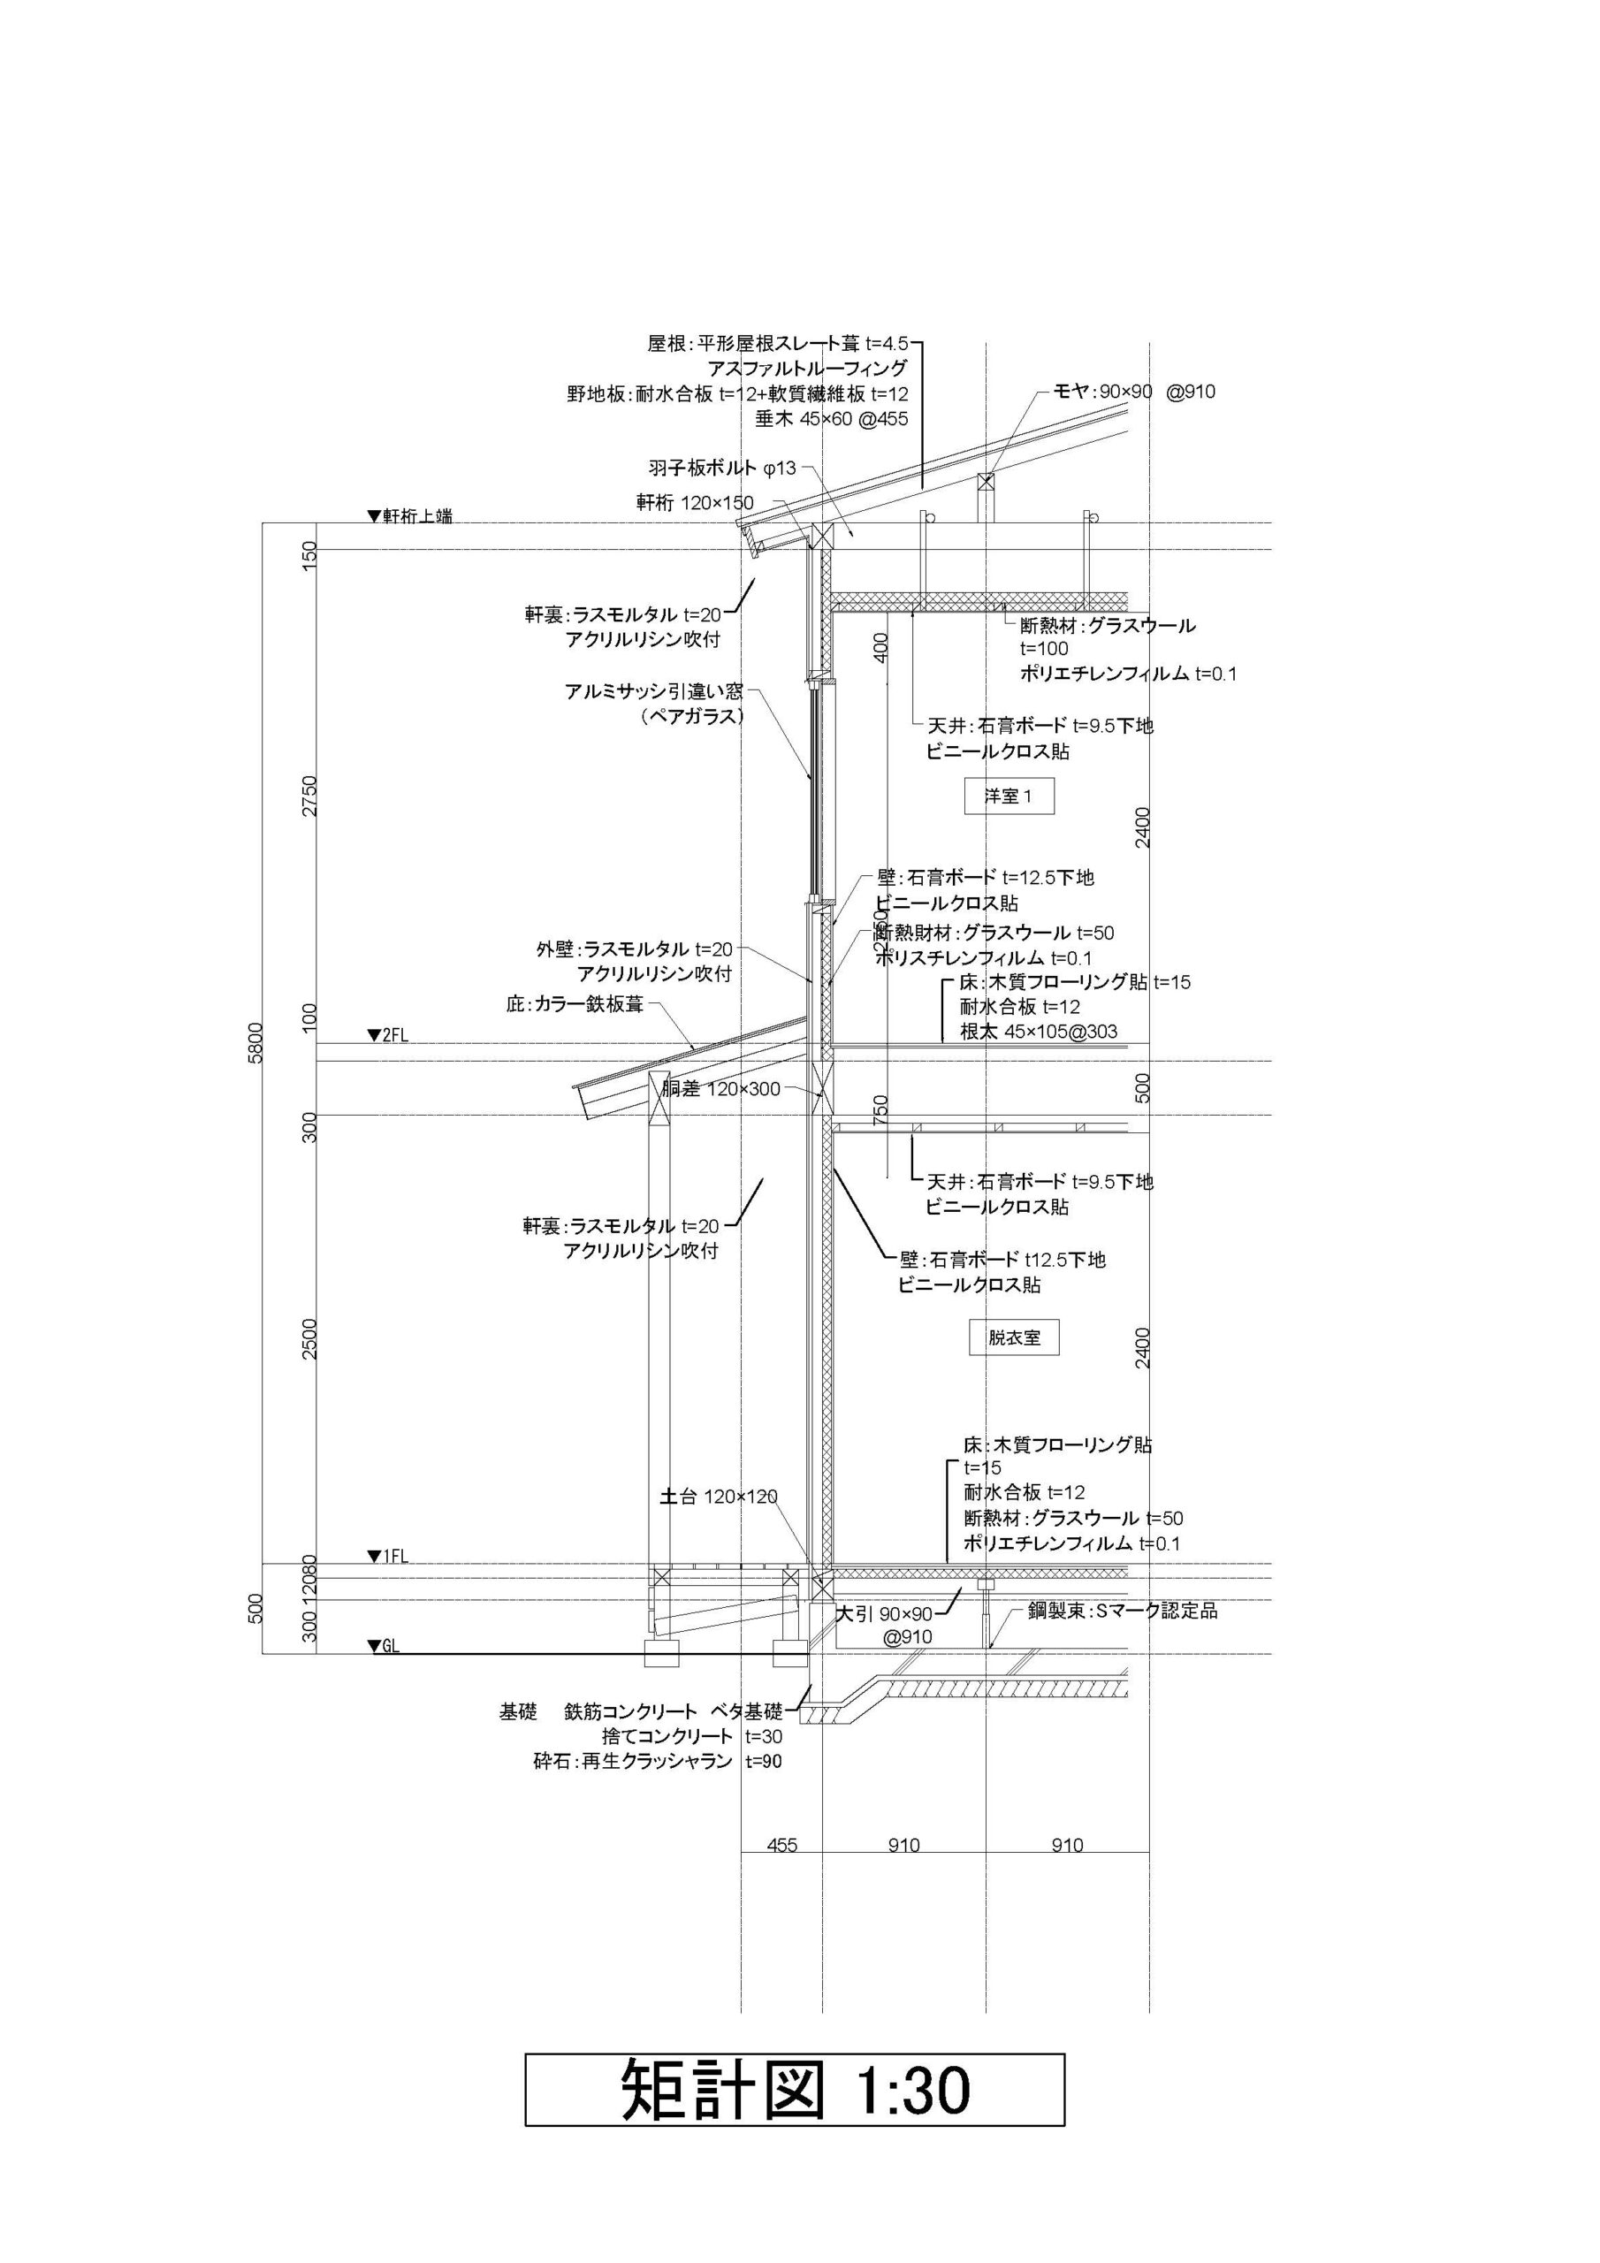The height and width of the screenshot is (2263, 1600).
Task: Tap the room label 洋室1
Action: click(x=1009, y=796)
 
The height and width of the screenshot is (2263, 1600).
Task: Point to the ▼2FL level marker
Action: click(x=387, y=1035)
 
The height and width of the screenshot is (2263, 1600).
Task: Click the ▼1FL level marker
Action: click(x=387, y=1557)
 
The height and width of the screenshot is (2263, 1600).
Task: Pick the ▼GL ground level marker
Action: click(x=383, y=1646)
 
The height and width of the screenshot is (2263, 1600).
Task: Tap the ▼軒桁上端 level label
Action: click(x=409, y=515)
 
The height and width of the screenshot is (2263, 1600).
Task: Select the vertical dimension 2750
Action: click(x=310, y=796)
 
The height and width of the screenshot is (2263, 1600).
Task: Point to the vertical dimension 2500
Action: click(x=310, y=1338)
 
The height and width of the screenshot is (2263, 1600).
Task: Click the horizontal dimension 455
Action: click(x=781, y=1845)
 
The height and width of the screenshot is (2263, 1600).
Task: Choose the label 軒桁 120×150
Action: click(x=694, y=504)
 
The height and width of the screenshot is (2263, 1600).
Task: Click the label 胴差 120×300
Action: click(x=720, y=1089)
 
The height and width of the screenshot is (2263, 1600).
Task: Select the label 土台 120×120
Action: click(x=718, y=1497)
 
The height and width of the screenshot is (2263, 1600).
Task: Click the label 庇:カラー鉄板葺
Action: click(x=575, y=1005)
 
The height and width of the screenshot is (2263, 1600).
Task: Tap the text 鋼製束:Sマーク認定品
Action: click(x=1122, y=1611)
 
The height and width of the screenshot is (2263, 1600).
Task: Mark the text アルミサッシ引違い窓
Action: click(x=653, y=691)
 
